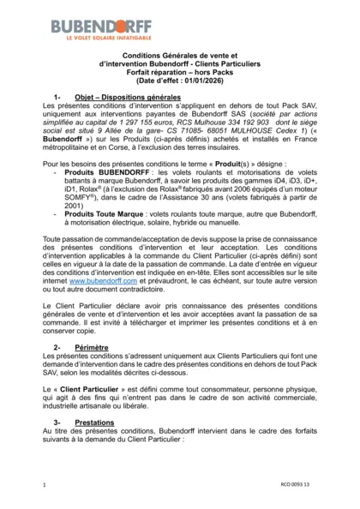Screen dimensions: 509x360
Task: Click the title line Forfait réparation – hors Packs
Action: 179,73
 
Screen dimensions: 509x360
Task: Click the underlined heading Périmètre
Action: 92,346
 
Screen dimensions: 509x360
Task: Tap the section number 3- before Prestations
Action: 57,422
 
